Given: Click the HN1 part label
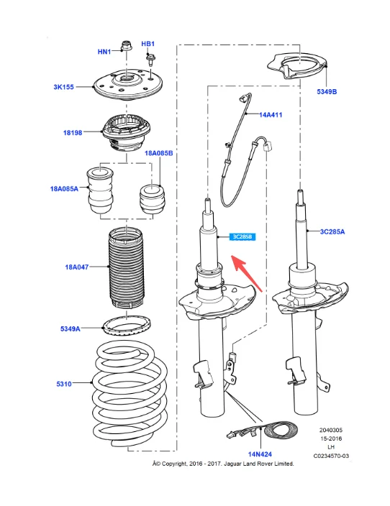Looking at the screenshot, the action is tap(104, 52).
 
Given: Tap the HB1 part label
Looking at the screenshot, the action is tap(148, 44).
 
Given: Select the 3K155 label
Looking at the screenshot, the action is tap(63, 87).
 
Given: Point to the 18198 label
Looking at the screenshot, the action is tap(73, 132).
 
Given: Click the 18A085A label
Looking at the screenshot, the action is tap(64, 188).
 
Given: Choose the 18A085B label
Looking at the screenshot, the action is tap(158, 153).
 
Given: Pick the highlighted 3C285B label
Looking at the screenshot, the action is tap(242, 237).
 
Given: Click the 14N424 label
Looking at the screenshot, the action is tap(260, 454).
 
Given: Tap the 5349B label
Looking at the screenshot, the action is tap(327, 92).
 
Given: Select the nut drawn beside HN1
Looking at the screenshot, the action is tap(126, 45).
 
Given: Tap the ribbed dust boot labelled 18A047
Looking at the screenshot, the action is tap(126, 268).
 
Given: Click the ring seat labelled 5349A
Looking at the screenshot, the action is tap(127, 326).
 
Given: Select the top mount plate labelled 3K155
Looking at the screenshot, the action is tap(127, 86).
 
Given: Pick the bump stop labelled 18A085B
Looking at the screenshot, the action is tap(153, 199).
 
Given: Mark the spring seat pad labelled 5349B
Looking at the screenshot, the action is tap(298, 67).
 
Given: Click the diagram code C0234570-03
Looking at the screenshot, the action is tap(331, 456).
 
